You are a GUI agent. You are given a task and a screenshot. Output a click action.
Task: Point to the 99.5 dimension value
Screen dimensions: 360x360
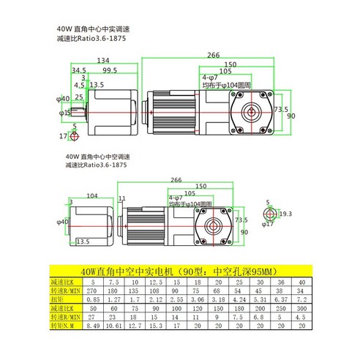(110, 70)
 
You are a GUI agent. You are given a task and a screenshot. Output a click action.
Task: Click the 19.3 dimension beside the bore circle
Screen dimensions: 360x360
(285, 214)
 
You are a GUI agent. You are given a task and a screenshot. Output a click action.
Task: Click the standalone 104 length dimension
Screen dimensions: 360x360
(92, 196)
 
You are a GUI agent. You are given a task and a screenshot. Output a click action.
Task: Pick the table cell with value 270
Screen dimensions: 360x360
(94, 290)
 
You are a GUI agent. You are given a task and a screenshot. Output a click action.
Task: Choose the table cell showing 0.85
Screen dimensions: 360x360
(94, 299)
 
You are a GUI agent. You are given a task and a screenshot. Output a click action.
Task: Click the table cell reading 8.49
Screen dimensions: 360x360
(94, 326)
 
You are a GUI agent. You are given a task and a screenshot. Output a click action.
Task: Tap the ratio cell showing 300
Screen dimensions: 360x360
(280, 308)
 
